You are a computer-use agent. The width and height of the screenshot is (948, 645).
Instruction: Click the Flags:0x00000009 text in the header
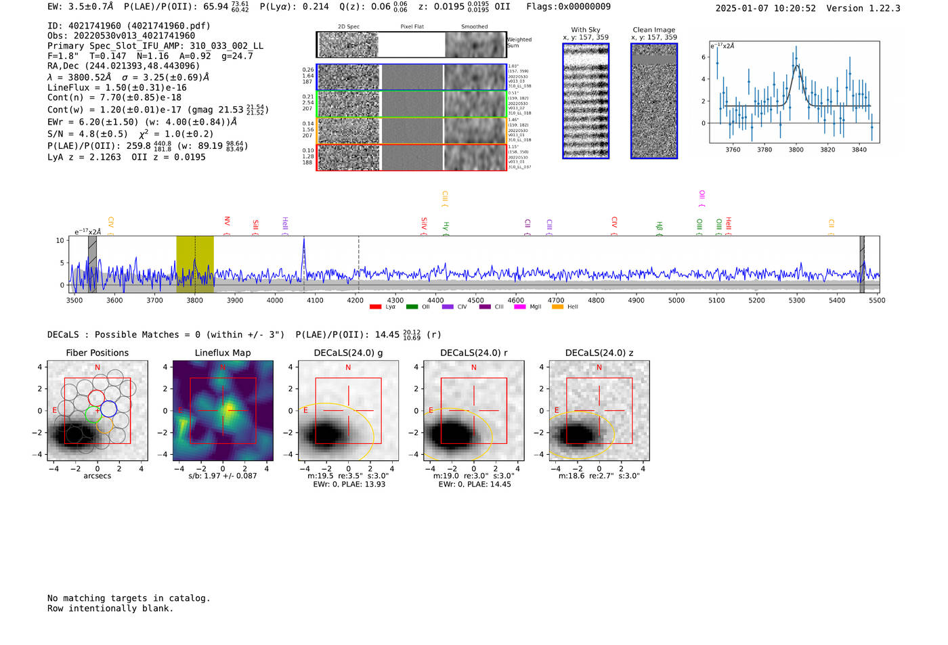pos(568,7)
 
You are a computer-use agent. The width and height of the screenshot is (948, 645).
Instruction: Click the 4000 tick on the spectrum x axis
pos(275,300)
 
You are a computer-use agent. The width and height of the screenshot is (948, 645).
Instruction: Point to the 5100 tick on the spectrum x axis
pos(716,300)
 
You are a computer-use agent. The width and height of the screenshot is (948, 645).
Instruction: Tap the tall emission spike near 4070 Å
pos(304,244)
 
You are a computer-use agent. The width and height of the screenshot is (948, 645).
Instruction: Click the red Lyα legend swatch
pos(375,307)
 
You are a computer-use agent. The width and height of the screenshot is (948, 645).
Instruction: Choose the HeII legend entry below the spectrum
pos(565,307)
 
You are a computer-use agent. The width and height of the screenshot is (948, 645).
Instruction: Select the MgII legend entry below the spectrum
pos(527,307)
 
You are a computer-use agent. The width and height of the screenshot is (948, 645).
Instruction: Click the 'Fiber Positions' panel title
pos(97,353)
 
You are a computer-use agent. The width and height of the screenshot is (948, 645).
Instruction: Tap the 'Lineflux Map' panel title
pos(222,353)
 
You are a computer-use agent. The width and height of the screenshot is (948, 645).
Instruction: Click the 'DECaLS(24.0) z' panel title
pos(599,353)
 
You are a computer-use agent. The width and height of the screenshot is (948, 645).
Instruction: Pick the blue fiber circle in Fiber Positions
pos(108,409)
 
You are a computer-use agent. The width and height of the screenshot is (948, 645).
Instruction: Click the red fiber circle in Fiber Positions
pos(97,398)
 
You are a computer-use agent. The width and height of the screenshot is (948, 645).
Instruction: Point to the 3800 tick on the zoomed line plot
pos(796,150)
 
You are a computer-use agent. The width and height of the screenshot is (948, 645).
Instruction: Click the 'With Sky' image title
pos(585,30)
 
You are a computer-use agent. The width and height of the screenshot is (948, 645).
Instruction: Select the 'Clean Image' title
pos(653,30)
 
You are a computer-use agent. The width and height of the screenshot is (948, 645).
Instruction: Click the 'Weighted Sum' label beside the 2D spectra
pos(519,43)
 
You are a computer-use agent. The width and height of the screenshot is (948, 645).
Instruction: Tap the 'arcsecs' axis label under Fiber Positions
pos(97,476)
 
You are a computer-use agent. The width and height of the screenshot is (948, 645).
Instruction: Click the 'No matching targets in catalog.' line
pos(129,598)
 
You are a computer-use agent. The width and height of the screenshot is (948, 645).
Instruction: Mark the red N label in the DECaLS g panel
pos(348,368)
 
